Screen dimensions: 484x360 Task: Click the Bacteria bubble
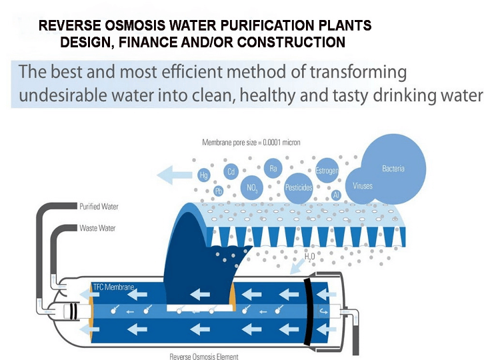393,169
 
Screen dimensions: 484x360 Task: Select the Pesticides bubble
299,188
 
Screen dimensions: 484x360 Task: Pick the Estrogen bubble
327,171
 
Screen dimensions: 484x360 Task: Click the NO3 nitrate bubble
252,188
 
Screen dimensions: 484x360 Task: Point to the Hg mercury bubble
204,175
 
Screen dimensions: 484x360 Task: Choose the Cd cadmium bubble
231,171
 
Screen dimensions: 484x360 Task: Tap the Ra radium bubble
273,169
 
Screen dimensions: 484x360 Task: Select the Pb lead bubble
219,191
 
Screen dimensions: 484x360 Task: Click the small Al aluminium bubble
336,195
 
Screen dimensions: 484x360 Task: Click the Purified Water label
99,207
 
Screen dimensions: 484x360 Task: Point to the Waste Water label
97,228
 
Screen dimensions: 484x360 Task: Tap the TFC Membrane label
113,287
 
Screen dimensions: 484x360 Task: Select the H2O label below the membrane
309,257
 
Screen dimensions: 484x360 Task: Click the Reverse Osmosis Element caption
204,357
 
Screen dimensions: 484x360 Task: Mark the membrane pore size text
251,142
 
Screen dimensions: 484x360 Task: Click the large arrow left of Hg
175,175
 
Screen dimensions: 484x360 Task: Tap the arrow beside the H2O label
297,267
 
